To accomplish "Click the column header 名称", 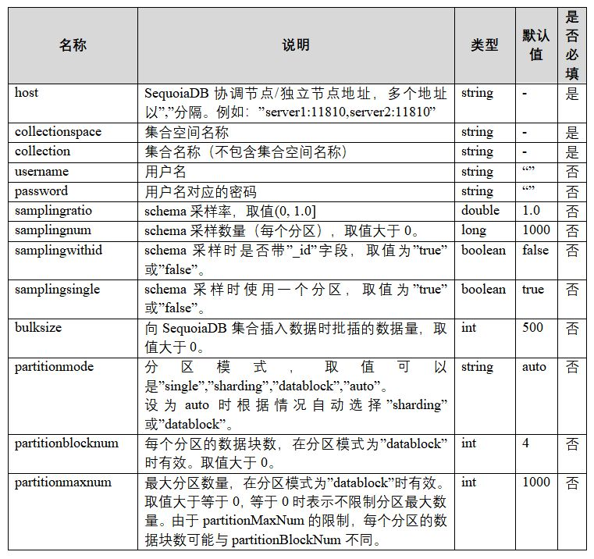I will click(73, 45).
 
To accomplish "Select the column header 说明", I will click(296, 45).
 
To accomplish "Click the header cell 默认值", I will click(536, 45).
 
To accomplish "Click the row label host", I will click(27, 93).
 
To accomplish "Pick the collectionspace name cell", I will click(58, 132).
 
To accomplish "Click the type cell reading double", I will click(480, 211).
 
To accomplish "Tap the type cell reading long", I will click(473, 230).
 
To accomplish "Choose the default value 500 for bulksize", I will click(533, 328).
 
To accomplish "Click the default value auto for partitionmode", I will click(535, 367).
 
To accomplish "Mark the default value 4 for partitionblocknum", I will click(525, 443).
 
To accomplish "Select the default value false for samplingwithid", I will click(535, 251).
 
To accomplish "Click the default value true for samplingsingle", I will click(533, 290).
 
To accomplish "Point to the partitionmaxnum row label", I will click(63, 482).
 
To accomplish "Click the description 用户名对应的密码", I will click(201, 191).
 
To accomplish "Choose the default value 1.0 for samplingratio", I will click(531, 211).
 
